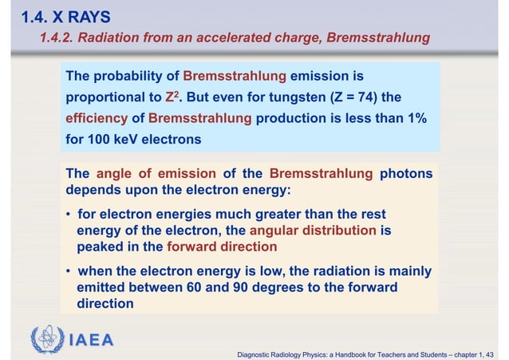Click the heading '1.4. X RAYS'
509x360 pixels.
tap(56, 16)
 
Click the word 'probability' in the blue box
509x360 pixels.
tap(135, 77)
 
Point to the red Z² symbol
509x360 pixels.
tap(170, 97)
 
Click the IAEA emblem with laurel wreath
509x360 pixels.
tap(48, 339)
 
